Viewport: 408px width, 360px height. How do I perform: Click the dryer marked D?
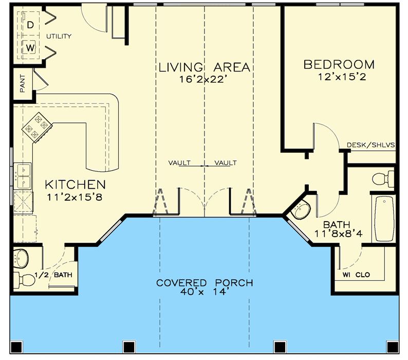click(30, 25)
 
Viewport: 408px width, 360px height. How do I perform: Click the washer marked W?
click(30, 48)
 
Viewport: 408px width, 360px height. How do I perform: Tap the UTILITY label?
click(59, 37)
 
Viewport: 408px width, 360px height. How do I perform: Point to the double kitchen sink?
click(24, 175)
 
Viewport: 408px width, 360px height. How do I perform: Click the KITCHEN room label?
click(75, 184)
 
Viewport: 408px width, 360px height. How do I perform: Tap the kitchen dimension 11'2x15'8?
click(75, 196)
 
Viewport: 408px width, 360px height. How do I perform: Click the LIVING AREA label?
click(204, 67)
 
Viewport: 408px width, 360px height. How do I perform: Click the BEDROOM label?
click(339, 65)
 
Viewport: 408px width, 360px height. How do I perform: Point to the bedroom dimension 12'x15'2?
click(339, 77)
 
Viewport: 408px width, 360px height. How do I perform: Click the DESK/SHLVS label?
click(370, 145)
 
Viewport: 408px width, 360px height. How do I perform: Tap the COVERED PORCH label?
click(205, 283)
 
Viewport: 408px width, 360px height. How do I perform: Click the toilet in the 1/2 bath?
click(24, 279)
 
